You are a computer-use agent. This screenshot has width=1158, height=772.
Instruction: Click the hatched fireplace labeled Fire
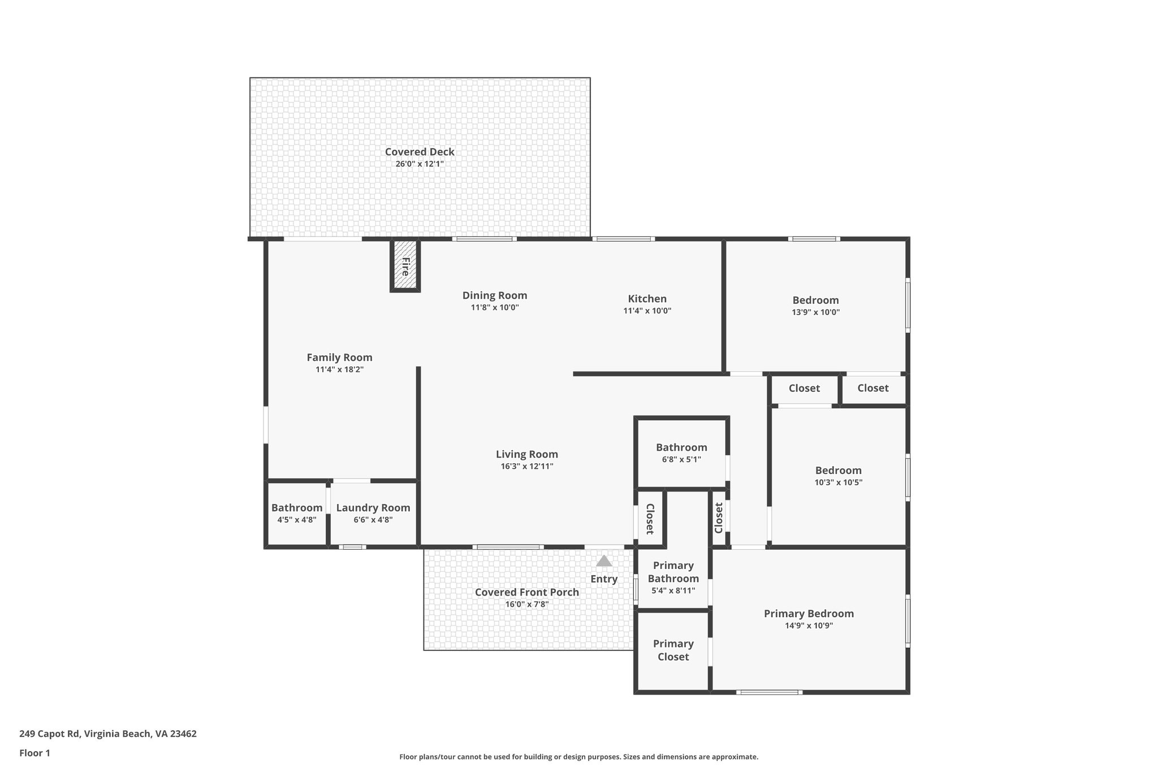click(405, 265)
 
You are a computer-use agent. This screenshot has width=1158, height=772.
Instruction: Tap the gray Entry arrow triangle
click(604, 561)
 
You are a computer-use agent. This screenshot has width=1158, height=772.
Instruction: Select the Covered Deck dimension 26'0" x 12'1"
click(420, 164)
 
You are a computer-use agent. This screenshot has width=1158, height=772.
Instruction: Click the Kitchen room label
click(647, 299)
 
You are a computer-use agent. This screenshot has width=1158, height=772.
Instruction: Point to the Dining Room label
click(495, 295)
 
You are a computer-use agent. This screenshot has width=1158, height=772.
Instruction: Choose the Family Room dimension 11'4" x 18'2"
click(339, 369)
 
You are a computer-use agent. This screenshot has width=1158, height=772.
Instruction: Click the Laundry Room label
click(373, 508)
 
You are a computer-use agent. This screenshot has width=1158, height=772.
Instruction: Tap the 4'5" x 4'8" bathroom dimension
click(297, 520)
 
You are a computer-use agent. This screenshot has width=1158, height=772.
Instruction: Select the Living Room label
click(527, 454)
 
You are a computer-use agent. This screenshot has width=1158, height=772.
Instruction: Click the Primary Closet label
click(673, 650)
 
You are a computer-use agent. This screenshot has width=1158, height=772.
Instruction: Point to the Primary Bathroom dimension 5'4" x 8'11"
click(673, 590)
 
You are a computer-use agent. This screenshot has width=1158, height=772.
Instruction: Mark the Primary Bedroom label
click(809, 614)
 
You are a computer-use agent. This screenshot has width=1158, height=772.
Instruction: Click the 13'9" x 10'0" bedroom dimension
click(815, 312)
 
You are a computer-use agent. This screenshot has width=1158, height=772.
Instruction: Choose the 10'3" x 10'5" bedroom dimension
click(838, 482)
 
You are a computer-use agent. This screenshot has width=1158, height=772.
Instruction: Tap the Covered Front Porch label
click(527, 592)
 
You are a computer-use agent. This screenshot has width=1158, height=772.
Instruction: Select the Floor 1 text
click(34, 753)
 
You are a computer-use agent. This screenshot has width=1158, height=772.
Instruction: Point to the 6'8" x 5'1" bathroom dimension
click(681, 459)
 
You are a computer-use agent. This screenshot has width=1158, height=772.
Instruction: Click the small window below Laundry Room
click(352, 547)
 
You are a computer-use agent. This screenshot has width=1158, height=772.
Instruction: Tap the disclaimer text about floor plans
click(578, 757)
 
